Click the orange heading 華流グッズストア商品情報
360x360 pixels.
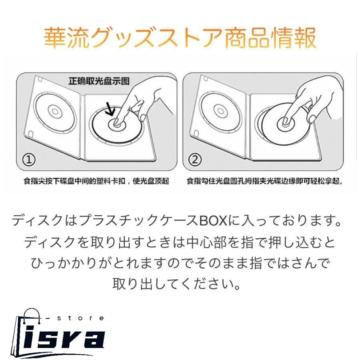[x=180, y=38]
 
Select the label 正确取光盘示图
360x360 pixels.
[x=99, y=81]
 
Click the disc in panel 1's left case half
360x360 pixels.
[x=53, y=110]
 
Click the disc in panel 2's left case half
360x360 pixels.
[x=219, y=111]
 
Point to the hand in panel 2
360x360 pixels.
[x=316, y=96]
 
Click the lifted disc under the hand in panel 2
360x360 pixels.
[x=280, y=122]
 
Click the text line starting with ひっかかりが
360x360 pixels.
[x=180, y=263]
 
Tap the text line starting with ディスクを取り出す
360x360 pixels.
[x=180, y=242]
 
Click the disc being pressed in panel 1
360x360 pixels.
[x=116, y=126]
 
